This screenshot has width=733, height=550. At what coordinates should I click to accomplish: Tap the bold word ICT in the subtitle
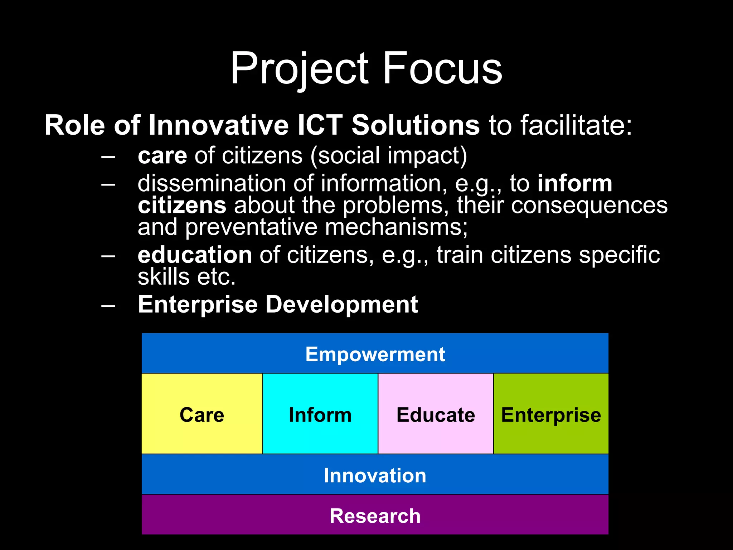coord(320,125)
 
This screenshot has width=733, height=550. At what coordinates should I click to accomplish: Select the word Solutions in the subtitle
coord(415,125)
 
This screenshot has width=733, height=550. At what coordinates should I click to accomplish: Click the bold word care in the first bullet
coord(162,156)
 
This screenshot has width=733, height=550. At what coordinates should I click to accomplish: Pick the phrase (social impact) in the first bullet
coord(389,156)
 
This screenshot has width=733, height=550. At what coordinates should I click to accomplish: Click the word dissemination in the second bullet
coord(212,183)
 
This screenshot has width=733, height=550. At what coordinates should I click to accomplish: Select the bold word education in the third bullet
coord(195,255)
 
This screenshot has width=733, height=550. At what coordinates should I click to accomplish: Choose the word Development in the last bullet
coord(341,305)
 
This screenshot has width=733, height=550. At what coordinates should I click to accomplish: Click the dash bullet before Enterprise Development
coord(108,305)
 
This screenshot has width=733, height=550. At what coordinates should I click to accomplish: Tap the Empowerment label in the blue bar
coord(375,354)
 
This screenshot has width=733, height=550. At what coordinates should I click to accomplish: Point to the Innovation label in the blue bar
coord(375,476)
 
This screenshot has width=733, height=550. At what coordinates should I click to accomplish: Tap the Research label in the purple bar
coord(375,516)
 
